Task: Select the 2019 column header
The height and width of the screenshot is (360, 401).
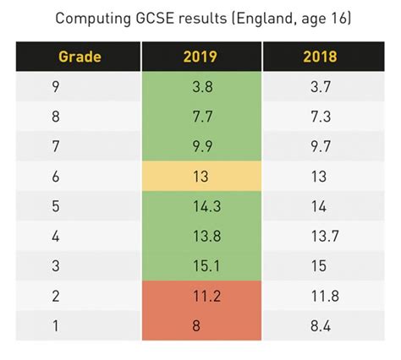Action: tap(200, 57)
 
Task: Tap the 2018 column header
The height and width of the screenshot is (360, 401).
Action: tap(321, 57)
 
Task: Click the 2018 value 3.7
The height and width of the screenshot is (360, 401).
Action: tap(321, 85)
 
